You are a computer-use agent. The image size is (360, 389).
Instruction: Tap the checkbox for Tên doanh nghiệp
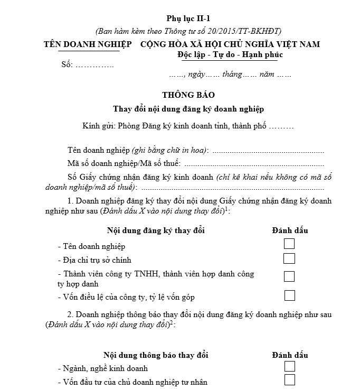pos(289,244)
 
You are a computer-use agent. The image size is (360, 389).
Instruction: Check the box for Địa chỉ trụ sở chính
pos(289,258)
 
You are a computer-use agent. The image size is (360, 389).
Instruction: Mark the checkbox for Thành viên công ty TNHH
pos(289,276)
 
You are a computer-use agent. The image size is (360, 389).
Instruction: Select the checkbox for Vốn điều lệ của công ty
pos(289,295)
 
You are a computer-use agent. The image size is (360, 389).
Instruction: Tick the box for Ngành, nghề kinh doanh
pos(289,366)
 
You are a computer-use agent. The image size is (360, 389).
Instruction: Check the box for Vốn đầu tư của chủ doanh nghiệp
pos(289,380)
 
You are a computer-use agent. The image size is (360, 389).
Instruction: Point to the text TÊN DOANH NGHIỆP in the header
pos(88,44)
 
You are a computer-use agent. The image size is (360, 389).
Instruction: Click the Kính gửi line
pos(188,126)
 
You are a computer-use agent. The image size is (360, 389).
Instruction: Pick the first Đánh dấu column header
pos(290,230)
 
